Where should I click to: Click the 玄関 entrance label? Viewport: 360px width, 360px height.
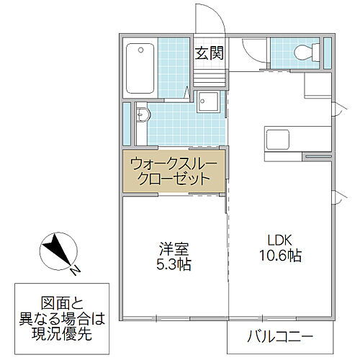point(209,53)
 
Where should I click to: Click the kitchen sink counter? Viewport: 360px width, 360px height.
point(286,138)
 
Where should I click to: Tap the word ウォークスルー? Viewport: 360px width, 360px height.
point(172,163)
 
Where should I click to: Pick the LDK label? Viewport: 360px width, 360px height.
point(279,240)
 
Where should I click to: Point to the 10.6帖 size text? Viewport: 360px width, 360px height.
point(279,256)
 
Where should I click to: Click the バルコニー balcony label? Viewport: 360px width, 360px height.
point(281,336)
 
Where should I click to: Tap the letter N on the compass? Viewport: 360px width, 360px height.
point(75,270)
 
